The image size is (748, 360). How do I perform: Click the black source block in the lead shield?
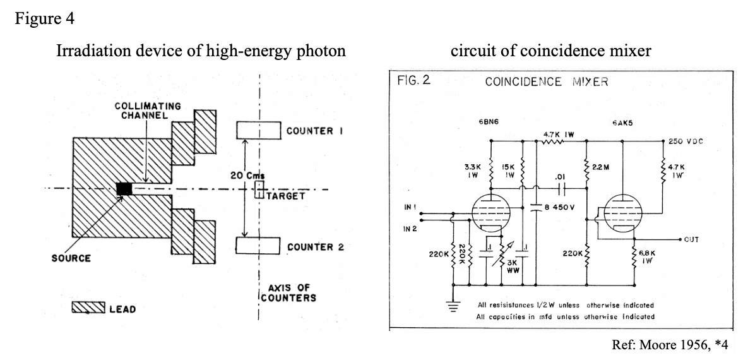point(124,189)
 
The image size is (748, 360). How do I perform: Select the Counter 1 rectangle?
point(259,130)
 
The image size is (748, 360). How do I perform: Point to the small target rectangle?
point(259,189)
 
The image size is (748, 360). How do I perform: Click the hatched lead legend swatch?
point(88,308)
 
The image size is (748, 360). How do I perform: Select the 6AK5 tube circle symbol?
point(622,213)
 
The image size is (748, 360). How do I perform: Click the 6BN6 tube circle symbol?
point(490,213)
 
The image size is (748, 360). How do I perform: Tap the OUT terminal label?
point(691,239)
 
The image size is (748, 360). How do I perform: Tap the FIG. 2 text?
point(413,80)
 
